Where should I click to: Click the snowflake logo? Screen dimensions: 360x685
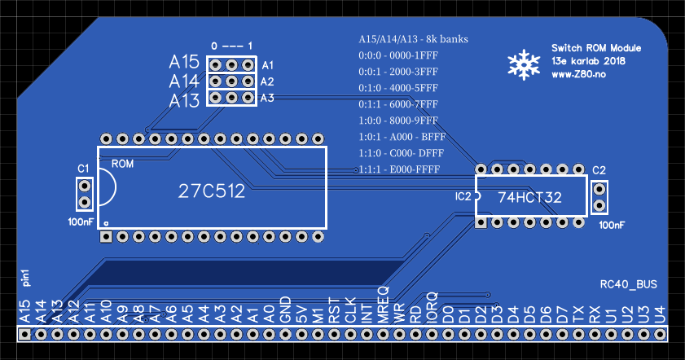click(x=522, y=65)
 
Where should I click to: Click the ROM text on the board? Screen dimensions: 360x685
click(x=123, y=164)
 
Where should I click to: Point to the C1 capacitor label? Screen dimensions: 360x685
click(x=83, y=169)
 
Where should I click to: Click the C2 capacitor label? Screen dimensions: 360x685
click(x=599, y=170)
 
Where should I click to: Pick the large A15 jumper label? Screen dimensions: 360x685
click(x=184, y=62)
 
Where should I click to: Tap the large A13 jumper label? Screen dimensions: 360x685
click(x=184, y=101)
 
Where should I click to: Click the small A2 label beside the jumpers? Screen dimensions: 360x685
click(x=267, y=81)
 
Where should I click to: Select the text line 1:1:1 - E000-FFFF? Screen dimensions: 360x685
click(x=399, y=169)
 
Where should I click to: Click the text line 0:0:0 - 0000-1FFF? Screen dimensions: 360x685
click(x=399, y=55)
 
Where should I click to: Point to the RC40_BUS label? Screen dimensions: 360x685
click(x=628, y=284)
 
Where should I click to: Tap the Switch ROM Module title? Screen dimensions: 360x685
click(x=597, y=48)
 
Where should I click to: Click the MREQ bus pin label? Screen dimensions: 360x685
click(x=383, y=301)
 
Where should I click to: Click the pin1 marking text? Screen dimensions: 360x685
click(x=25, y=279)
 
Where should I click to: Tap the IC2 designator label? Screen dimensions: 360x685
click(x=463, y=197)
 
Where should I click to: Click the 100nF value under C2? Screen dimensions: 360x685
click(x=612, y=225)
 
